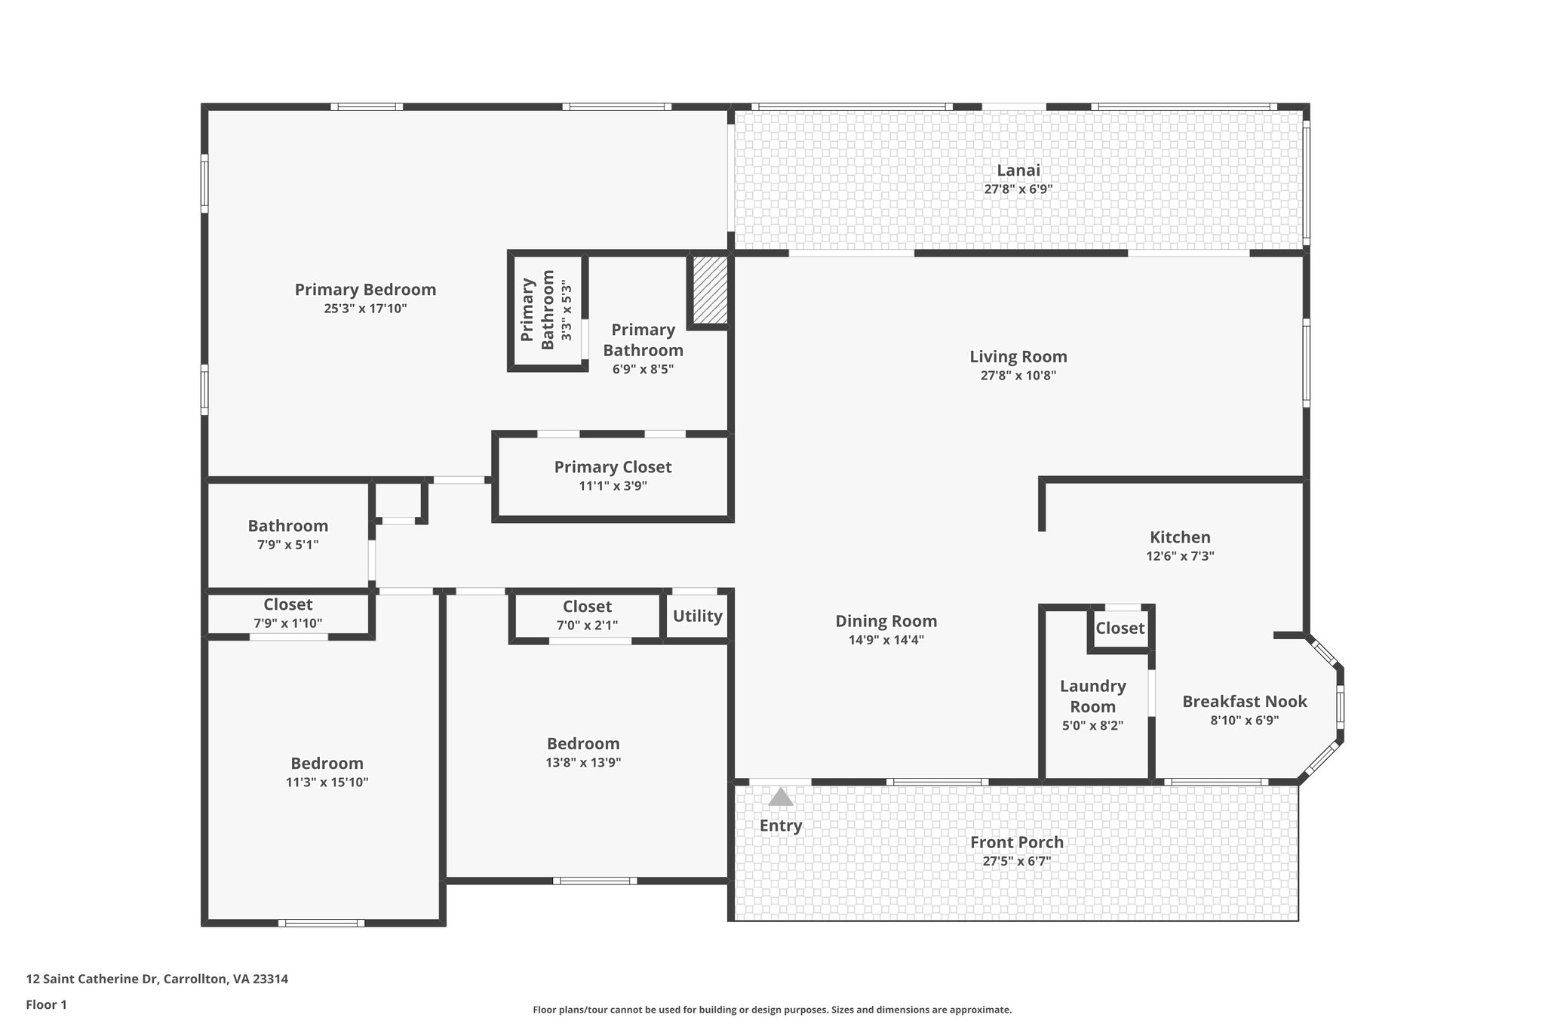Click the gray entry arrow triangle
[x=780, y=798]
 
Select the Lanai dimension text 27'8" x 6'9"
[x=1018, y=189]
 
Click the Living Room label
[x=1018, y=357]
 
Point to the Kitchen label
[x=1179, y=537]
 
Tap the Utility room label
[x=697, y=616]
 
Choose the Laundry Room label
[x=1092, y=696]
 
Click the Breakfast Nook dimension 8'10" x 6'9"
[x=1244, y=721]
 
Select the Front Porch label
[x=1016, y=842]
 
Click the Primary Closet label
[x=613, y=467]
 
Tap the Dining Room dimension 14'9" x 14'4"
[x=886, y=640]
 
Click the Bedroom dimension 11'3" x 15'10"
[x=327, y=782]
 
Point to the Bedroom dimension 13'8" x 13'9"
[x=583, y=763]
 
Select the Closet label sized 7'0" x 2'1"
[x=587, y=607]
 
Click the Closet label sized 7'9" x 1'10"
[x=287, y=604]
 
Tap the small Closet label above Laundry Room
[x=1120, y=628]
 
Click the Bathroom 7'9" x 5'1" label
[x=287, y=526]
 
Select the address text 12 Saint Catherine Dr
[x=157, y=979]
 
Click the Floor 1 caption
[x=46, y=1004]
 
